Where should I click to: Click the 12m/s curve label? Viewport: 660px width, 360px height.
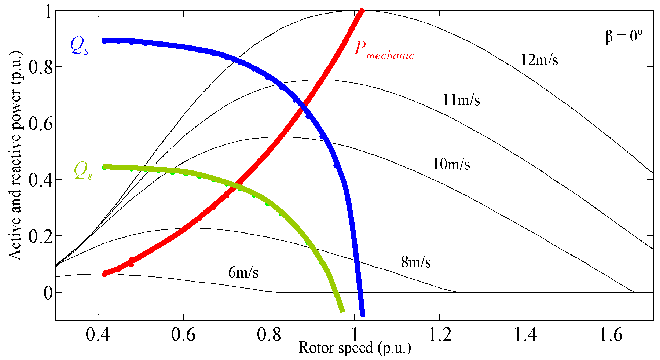(539, 60)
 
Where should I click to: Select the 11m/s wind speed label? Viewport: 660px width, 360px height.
(461, 100)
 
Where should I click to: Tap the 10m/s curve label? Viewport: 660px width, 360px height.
(451, 164)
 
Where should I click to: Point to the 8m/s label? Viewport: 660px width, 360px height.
(416, 262)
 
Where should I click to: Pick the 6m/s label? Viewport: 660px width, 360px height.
(243, 272)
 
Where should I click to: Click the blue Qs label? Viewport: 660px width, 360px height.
(79, 47)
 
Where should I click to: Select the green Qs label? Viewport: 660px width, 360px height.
(83, 171)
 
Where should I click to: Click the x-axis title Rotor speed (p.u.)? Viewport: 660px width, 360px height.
(355, 348)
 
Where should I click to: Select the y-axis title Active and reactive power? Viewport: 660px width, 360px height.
(15, 155)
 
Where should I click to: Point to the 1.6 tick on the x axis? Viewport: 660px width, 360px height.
(610, 335)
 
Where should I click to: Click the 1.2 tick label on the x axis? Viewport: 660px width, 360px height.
(440, 335)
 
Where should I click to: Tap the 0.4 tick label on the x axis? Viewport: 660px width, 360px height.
(98, 335)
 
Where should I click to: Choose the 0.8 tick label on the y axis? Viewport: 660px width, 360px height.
(40, 67)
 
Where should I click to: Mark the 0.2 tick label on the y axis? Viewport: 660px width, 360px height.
(40, 236)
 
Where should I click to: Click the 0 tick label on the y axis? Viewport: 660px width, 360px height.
(48, 293)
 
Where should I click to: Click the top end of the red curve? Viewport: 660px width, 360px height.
(362, 11)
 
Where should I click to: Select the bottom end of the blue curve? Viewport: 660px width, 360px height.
(363, 315)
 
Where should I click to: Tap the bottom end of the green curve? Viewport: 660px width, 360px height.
(342, 311)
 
